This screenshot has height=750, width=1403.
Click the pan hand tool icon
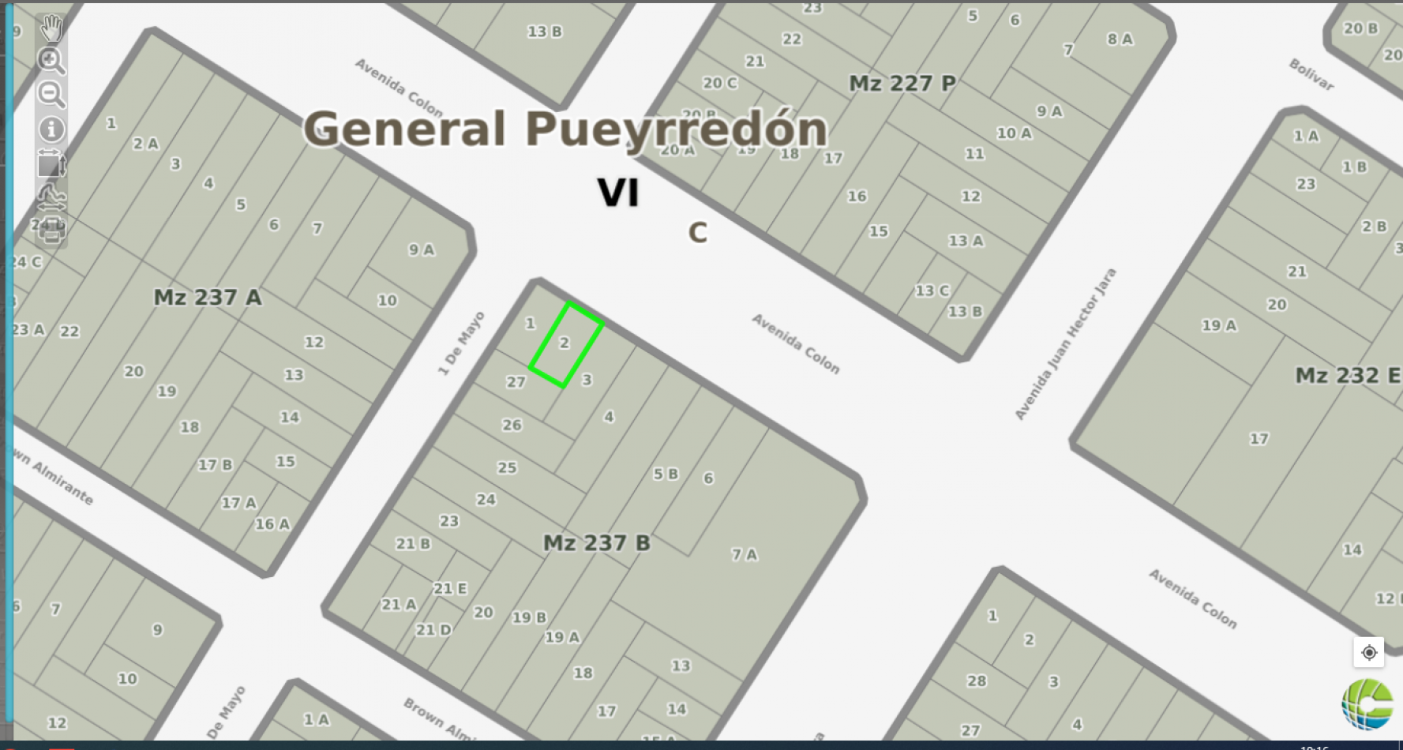tap(51, 28)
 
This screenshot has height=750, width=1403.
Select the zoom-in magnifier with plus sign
tap(51, 61)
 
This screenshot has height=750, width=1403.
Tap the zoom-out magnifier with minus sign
tap(51, 95)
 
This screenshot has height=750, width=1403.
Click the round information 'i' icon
tap(51, 129)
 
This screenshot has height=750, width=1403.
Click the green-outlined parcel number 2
tap(565, 343)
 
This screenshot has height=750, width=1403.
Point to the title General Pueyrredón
tap(565, 129)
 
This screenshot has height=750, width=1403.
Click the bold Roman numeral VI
tap(617, 193)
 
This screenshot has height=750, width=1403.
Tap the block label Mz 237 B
tap(596, 543)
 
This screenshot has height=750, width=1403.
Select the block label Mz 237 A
tap(207, 298)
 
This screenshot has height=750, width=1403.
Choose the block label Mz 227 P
tap(902, 84)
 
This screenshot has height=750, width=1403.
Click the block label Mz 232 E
tap(1347, 376)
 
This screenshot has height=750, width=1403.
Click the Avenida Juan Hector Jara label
tap(1065, 344)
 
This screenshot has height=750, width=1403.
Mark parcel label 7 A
tap(744, 555)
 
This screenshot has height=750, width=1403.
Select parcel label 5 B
tap(665, 474)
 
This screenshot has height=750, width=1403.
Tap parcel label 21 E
tap(450, 589)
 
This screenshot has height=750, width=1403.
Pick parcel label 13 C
tap(932, 291)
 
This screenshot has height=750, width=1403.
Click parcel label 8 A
tap(1120, 39)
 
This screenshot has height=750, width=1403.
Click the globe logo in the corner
tap(1367, 703)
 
